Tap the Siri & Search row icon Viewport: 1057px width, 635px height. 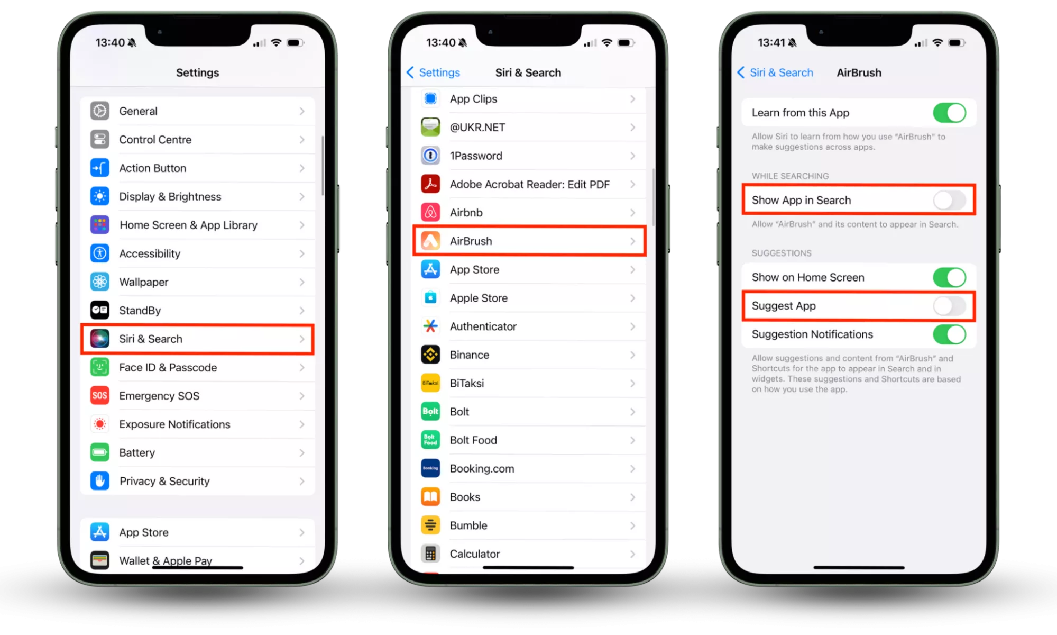(x=99, y=339)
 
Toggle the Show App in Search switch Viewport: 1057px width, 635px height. (x=950, y=200)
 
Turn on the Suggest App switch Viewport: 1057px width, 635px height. (x=950, y=306)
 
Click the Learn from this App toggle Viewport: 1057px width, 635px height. (x=950, y=113)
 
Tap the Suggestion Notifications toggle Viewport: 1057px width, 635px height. (x=950, y=334)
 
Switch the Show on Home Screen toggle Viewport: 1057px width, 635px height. (x=950, y=277)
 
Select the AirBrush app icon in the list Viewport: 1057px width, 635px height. (x=430, y=241)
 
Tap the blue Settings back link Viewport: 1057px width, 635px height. (x=433, y=72)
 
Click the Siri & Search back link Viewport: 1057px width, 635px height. (x=775, y=72)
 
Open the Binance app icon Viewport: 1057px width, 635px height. (x=430, y=355)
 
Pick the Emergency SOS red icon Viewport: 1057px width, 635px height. (x=99, y=395)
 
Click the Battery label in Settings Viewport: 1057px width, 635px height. (x=137, y=452)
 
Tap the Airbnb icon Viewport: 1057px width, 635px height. (x=430, y=212)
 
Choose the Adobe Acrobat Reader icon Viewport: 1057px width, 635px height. (x=430, y=184)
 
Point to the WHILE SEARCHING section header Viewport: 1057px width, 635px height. (x=790, y=176)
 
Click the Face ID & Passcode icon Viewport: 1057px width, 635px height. (x=99, y=367)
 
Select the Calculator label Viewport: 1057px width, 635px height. (x=475, y=554)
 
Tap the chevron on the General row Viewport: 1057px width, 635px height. (x=302, y=111)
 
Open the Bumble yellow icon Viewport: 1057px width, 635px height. (x=430, y=525)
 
